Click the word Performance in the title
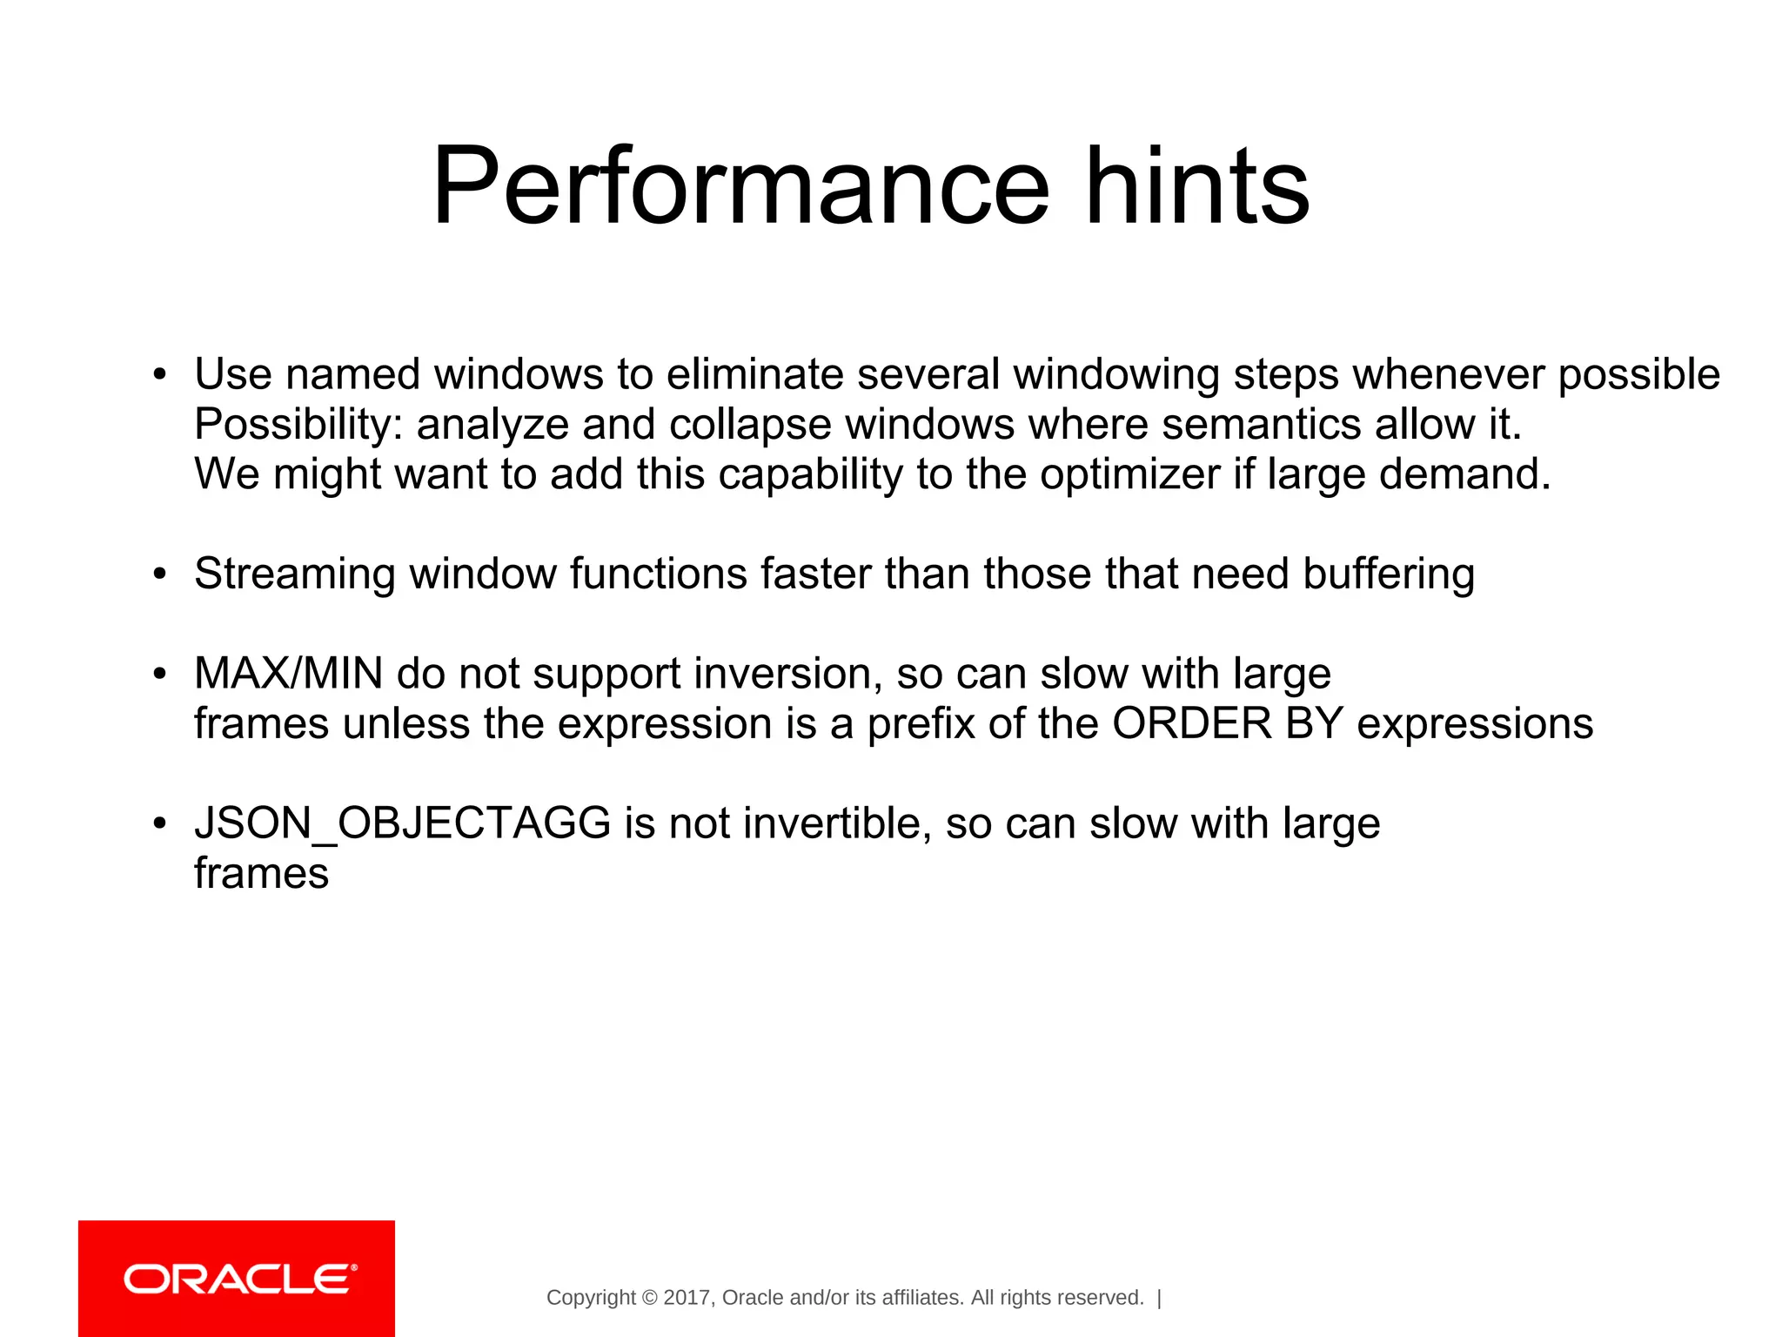740,187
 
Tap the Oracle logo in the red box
240,1279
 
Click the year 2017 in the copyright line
687,1298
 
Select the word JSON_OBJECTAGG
403,823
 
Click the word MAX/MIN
288,674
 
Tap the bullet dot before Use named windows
158,375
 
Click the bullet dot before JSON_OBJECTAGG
158,823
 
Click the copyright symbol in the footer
649,1298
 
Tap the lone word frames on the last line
261,873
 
